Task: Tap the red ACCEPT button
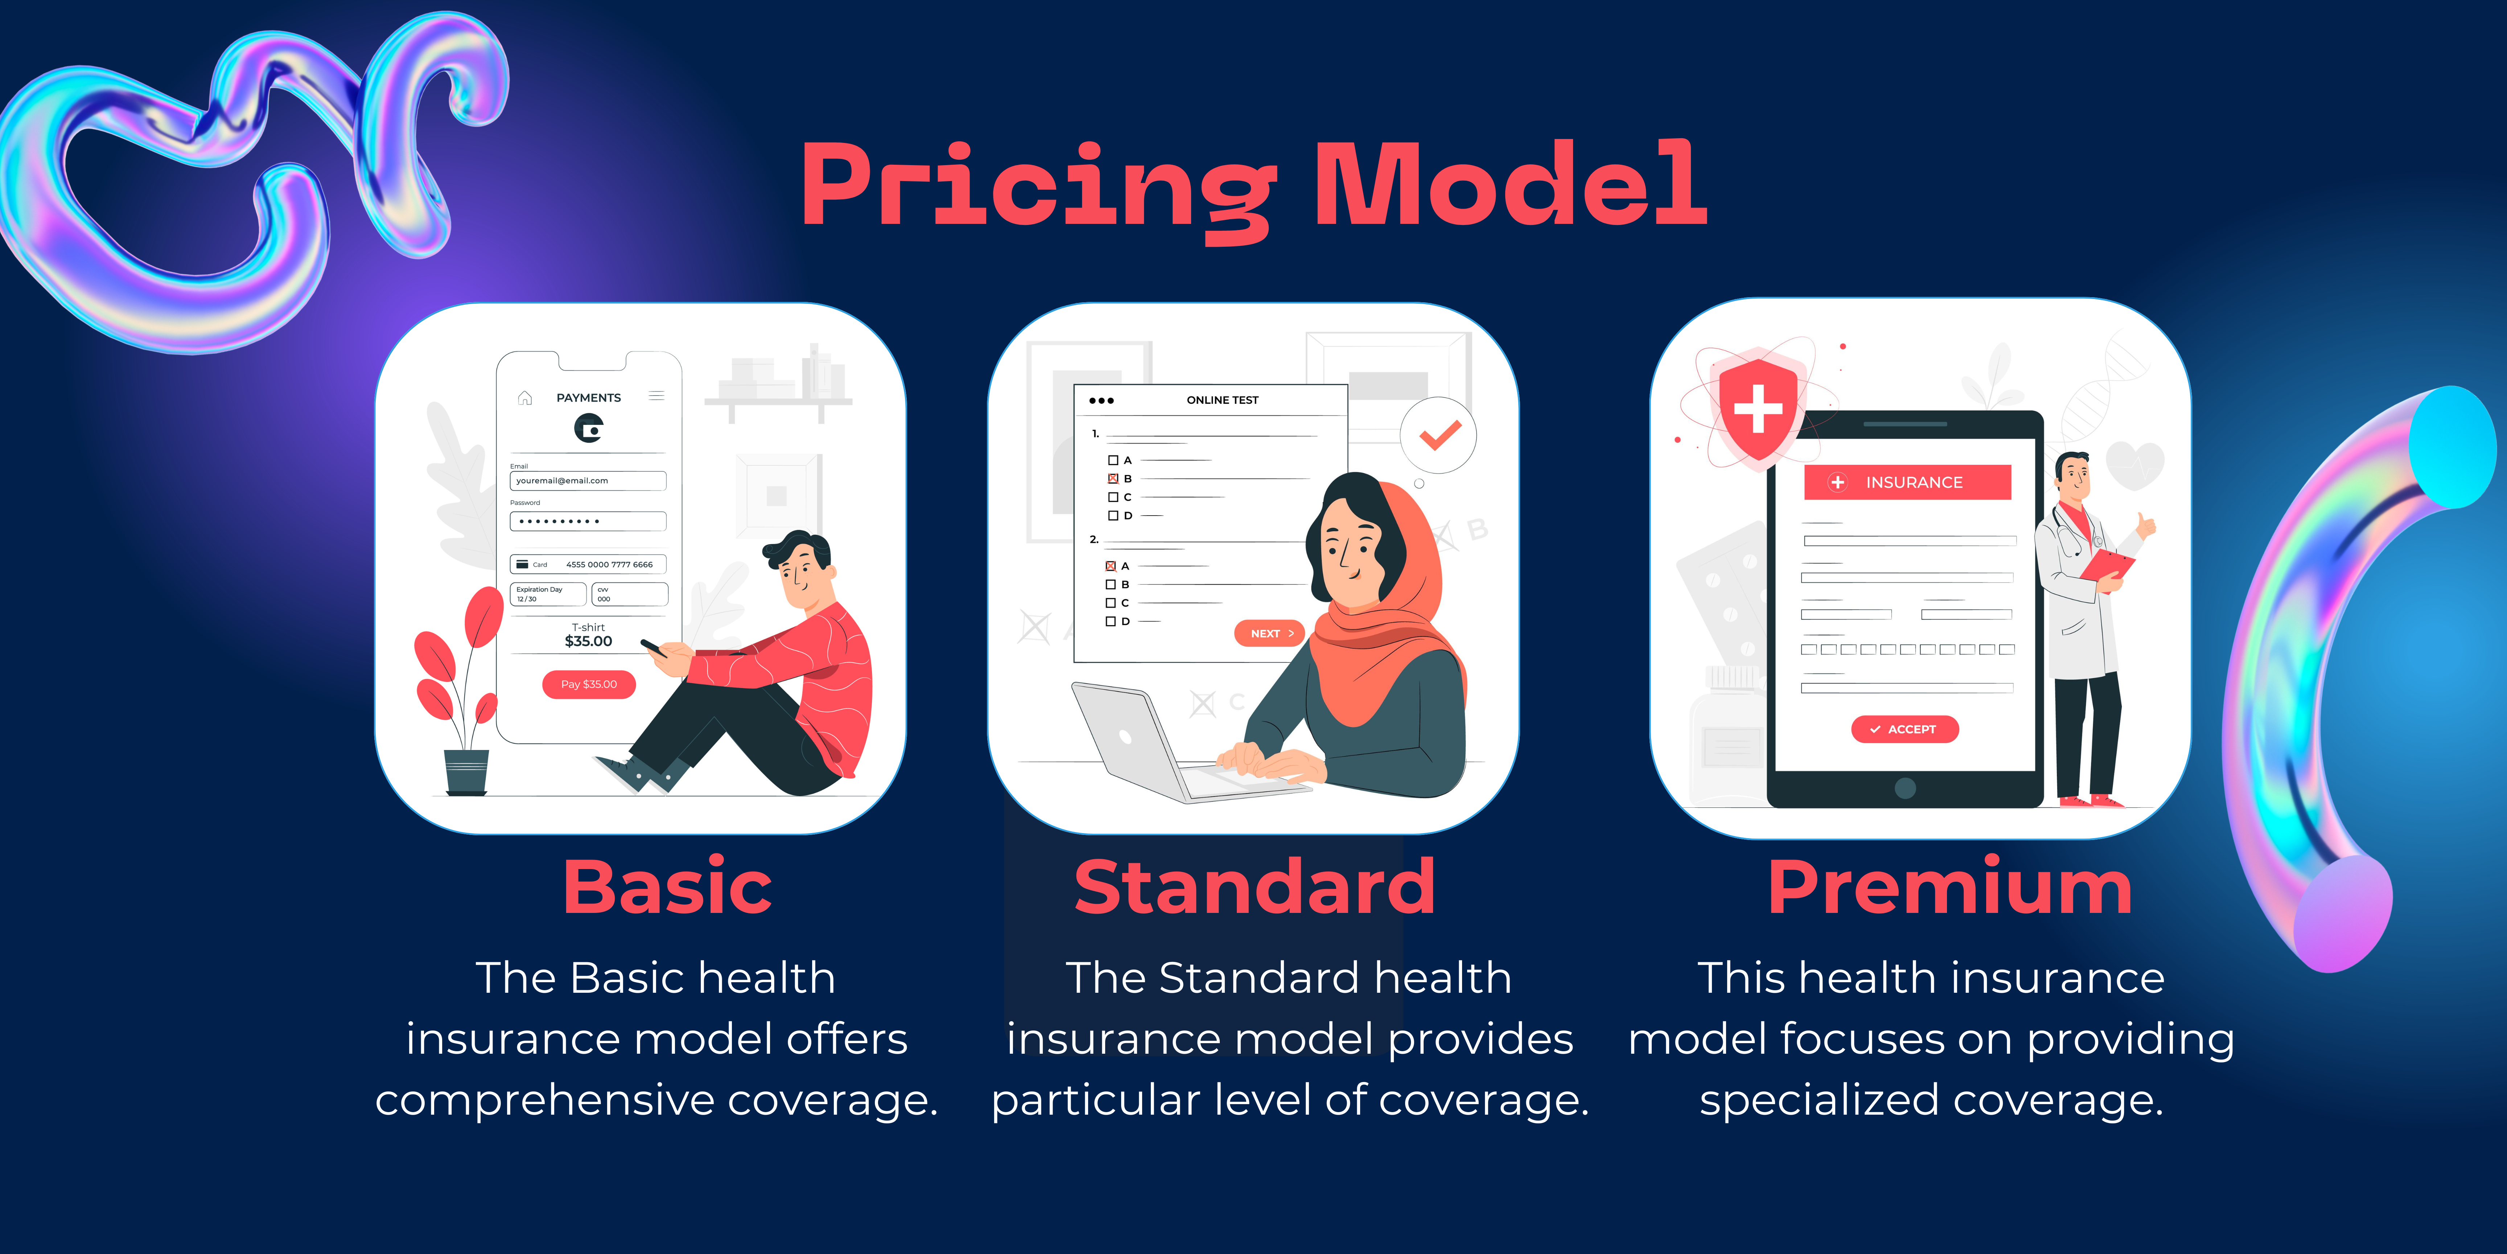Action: click(x=1905, y=729)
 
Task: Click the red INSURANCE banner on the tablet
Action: click(x=1907, y=482)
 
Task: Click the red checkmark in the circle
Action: click(x=1439, y=434)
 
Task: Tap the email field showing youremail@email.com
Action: click(x=588, y=481)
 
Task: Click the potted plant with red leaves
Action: click(x=457, y=691)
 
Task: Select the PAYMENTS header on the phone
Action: click(x=589, y=397)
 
